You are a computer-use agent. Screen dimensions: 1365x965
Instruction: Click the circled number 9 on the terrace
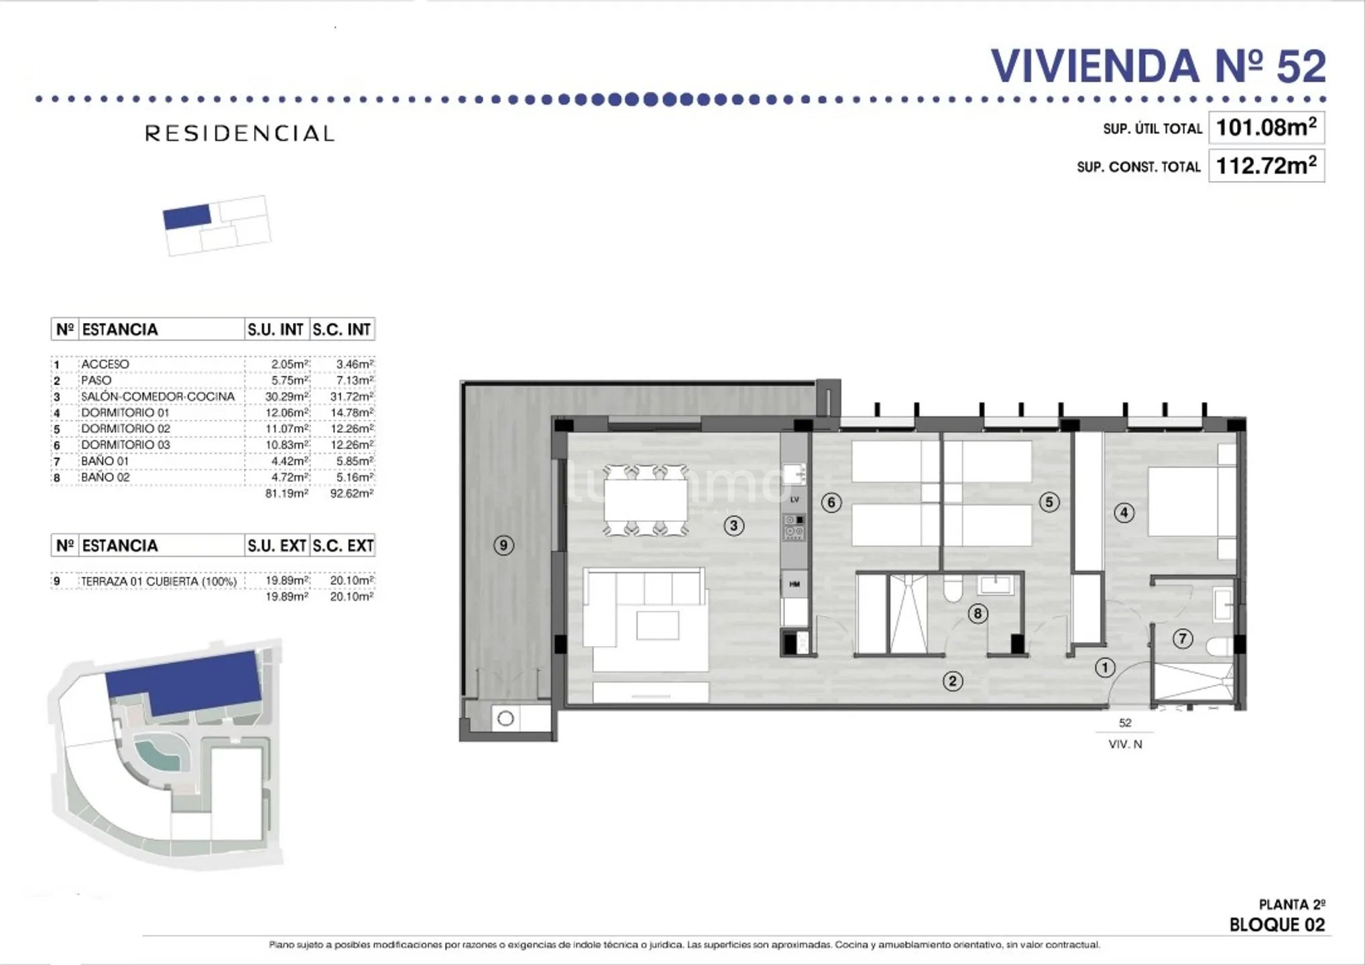(503, 545)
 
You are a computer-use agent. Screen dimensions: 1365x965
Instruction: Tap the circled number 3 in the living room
(734, 526)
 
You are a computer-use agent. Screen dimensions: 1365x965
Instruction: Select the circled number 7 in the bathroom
(1183, 639)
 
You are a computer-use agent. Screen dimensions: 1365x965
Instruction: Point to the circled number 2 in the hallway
(953, 682)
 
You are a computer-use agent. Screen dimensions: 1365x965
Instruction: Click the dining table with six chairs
(646, 501)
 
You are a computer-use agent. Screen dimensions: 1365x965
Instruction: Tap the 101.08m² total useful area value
(1266, 127)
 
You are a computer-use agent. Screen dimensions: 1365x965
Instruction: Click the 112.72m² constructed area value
(1266, 165)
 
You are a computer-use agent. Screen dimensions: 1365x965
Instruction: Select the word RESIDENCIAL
(240, 133)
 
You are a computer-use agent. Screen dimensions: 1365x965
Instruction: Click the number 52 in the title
(1301, 66)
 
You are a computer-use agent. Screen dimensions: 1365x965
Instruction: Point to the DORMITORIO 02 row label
(125, 429)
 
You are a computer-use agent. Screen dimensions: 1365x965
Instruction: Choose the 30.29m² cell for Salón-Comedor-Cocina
(287, 397)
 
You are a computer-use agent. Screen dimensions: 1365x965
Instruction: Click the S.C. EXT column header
(343, 546)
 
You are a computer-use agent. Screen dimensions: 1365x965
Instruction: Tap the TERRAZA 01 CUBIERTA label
(159, 582)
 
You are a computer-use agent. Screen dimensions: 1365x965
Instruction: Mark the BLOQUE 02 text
(1277, 925)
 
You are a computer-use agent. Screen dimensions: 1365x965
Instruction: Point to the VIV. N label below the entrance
(1125, 744)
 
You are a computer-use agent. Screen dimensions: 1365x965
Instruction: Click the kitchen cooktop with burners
(794, 527)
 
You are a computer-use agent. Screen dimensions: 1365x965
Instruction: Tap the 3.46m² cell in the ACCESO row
(354, 365)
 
